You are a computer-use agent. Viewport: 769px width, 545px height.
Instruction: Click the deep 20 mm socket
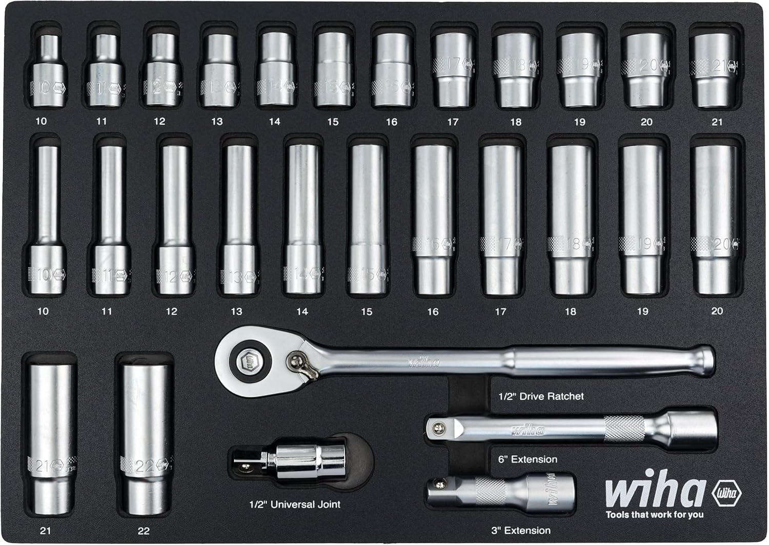[715, 218]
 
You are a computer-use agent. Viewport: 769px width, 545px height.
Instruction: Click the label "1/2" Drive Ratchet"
[541, 396]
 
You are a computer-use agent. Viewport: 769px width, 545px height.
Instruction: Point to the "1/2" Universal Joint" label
[295, 504]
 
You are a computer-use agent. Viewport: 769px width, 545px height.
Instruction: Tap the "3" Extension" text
[521, 531]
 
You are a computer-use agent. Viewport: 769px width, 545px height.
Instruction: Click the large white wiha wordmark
[655, 491]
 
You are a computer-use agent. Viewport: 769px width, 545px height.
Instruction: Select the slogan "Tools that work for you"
[655, 515]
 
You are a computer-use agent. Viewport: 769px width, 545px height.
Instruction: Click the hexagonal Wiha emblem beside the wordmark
[727, 494]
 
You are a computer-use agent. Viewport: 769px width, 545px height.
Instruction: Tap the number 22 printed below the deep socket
[144, 531]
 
